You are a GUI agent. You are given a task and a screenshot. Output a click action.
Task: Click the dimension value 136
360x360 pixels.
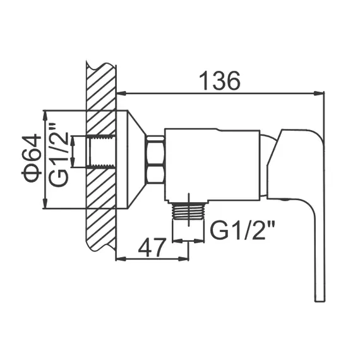click(x=219, y=81)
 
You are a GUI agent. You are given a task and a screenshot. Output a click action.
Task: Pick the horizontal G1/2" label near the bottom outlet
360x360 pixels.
click(x=244, y=231)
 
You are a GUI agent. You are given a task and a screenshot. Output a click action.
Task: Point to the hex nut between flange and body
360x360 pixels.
click(x=155, y=161)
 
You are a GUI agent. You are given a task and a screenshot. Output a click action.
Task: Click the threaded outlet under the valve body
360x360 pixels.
click(x=188, y=214)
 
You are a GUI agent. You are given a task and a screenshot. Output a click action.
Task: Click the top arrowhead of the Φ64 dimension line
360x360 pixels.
click(x=45, y=114)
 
